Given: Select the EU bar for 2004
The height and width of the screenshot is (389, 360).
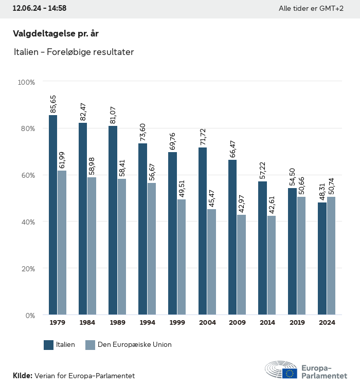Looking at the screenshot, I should point(211,262).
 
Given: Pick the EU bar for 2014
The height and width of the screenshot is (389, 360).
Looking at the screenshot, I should point(271,265).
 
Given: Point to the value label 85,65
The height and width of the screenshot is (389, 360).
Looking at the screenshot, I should point(53,104).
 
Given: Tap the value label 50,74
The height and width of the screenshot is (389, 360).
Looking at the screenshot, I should point(331,186).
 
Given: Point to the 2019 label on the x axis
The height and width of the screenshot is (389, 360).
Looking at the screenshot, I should point(297,323).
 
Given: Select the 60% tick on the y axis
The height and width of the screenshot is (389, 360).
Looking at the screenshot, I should point(27,175).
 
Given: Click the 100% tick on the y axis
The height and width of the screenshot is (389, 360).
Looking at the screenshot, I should point(26,82).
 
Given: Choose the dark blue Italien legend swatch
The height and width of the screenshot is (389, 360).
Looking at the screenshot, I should point(49,345).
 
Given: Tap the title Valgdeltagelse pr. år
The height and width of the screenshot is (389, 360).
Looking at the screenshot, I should point(56,33).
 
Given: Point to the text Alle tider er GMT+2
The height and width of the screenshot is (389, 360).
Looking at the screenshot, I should point(311,8).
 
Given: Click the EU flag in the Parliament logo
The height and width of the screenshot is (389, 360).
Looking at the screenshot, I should point(290,373).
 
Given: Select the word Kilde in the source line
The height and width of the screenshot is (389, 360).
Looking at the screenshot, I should point(22,376).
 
